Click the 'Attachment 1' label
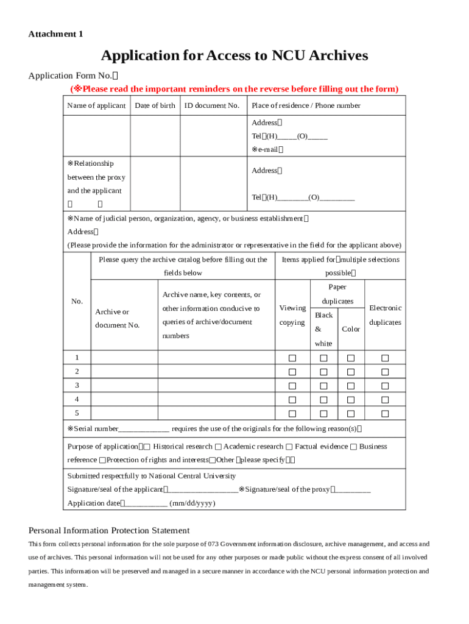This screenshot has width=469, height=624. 55,34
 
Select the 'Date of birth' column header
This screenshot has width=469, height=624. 155,105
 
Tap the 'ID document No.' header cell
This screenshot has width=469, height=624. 212,105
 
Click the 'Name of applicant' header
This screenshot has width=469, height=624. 96,105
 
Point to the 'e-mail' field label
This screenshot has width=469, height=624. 267,149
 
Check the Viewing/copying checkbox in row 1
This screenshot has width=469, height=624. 292,358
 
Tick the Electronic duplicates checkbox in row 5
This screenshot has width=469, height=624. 385,414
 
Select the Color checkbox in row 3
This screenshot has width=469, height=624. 351,386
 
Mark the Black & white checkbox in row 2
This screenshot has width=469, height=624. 324,372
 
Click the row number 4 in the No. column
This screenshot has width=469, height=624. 77,400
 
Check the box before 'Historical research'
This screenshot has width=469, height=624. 148,447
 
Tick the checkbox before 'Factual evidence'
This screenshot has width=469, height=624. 289,447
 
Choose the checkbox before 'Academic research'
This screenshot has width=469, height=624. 218,447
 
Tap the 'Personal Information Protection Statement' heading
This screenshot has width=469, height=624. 109,530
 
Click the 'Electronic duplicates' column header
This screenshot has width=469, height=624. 385,315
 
